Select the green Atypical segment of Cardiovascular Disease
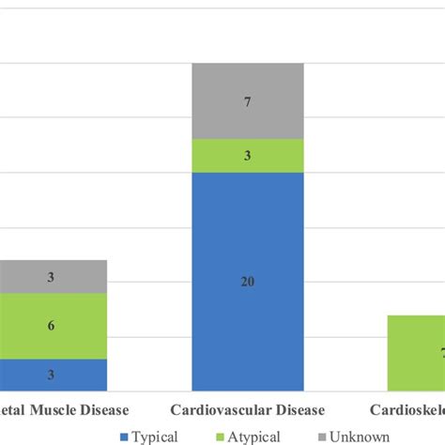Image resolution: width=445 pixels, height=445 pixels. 248,156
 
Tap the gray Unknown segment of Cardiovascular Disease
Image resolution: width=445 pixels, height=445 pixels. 248,101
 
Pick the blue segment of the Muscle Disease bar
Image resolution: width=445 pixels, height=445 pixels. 53,375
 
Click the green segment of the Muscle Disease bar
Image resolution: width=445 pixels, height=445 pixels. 53,326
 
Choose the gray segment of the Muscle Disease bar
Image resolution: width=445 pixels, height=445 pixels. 53,277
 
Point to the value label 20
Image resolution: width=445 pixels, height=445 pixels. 248,282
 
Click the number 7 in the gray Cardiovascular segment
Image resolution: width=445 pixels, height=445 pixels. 248,101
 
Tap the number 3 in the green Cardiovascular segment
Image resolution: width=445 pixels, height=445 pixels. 248,156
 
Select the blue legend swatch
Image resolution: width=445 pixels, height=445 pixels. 126,436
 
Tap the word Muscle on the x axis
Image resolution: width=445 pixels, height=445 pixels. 54,410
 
